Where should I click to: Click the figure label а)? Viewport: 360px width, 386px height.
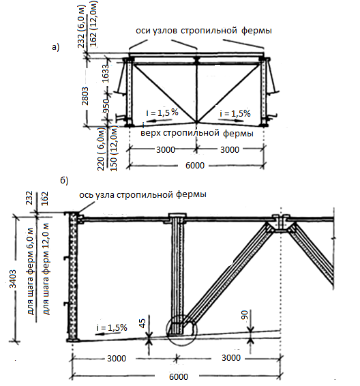(56, 47)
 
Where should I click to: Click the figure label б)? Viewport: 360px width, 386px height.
(64, 181)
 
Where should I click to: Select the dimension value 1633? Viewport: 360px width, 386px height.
(105, 74)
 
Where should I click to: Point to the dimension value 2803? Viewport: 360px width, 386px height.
(85, 95)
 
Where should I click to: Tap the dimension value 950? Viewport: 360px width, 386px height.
(106, 106)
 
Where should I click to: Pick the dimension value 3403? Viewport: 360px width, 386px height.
(13, 279)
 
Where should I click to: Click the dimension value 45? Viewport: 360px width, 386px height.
(142, 323)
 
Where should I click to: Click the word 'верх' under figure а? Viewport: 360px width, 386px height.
(151, 133)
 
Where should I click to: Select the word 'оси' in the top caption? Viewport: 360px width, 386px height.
(142, 31)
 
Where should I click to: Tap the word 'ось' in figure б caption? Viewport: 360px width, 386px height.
(86, 195)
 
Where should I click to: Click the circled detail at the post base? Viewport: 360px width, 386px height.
(181, 331)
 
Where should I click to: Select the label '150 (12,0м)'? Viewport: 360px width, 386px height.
(114, 149)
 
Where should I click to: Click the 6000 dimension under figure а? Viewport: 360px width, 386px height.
(195, 165)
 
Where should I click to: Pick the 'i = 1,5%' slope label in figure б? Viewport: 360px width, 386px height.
(112, 327)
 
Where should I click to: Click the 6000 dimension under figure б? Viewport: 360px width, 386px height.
(179, 376)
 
